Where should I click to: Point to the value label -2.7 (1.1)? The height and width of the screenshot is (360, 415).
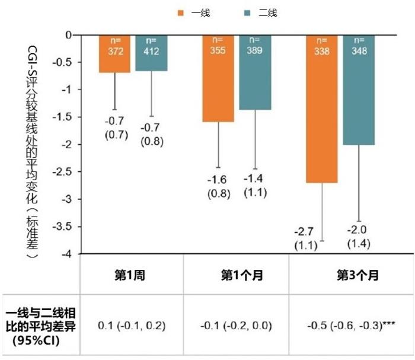[307, 238]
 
